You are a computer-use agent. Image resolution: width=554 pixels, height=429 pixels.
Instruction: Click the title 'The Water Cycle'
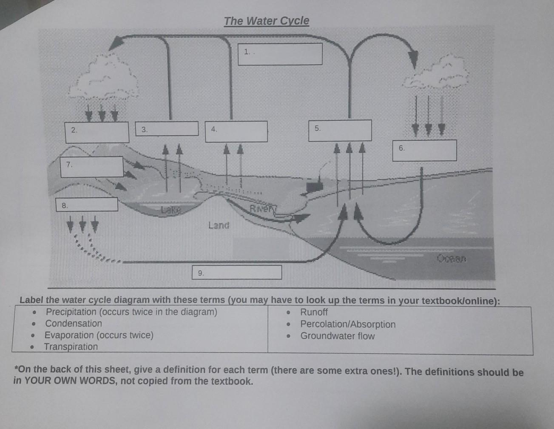[x=266, y=21]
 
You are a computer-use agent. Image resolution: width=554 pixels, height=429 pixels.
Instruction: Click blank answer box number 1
[x=280, y=54]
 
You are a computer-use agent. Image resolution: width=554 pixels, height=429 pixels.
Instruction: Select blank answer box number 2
[x=97, y=132]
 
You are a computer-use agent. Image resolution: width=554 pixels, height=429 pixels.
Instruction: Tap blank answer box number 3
[x=167, y=129]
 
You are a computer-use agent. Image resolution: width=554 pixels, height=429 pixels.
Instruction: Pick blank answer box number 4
[x=236, y=131]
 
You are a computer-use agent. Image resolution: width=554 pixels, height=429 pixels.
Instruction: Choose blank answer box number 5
[x=340, y=130]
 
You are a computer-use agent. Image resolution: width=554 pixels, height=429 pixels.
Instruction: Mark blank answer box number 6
[x=424, y=151]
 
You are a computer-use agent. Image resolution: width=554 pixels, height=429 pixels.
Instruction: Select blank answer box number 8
[x=87, y=205]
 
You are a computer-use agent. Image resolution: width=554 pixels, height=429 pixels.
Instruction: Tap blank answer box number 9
[x=237, y=273]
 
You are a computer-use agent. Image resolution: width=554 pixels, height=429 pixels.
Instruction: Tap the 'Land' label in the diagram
[x=219, y=225]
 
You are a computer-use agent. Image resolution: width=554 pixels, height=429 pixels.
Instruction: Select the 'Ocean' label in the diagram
[x=452, y=258]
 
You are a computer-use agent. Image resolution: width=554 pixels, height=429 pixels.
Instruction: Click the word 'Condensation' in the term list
[x=74, y=324]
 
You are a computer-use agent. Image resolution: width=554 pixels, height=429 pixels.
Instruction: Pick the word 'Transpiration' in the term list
[x=71, y=347]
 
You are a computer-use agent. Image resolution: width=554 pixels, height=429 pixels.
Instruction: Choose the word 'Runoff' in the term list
[x=314, y=312]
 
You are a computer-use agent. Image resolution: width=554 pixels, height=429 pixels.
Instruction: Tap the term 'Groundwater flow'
[x=338, y=336]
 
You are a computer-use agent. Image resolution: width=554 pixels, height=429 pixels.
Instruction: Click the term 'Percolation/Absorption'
[x=348, y=324]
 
